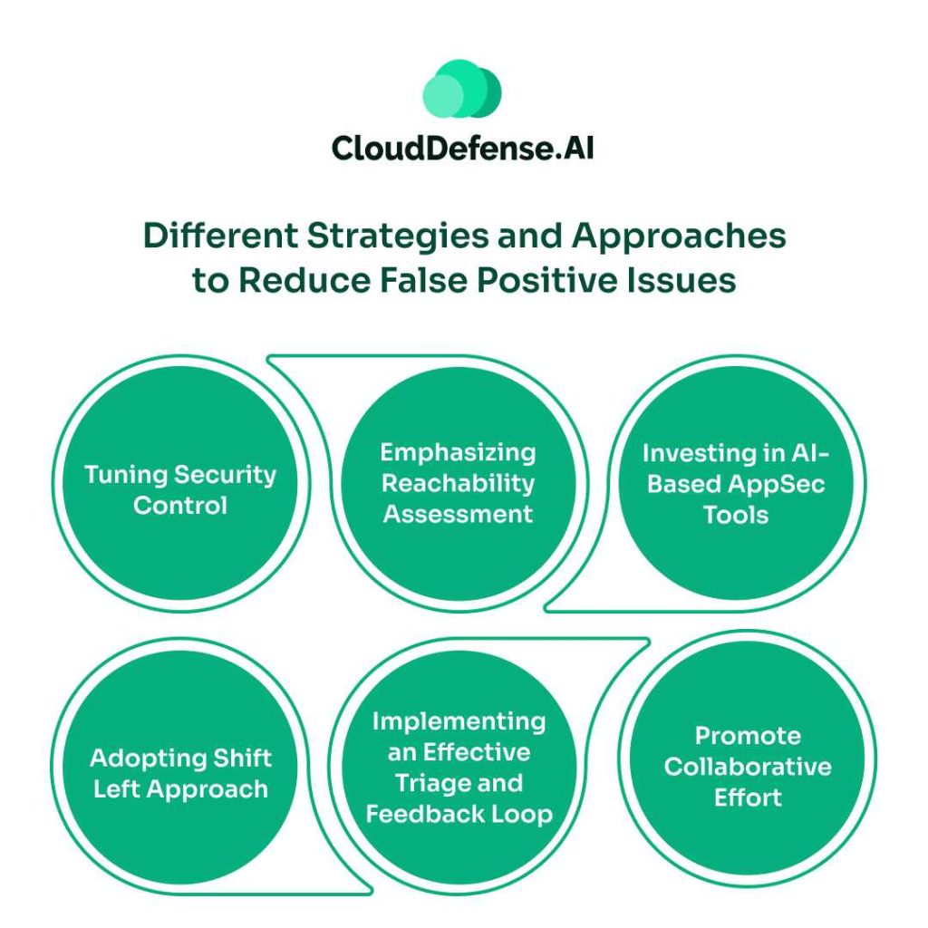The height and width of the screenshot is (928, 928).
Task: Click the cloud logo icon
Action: click(x=462, y=90)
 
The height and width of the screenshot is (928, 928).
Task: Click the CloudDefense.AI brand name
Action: click(x=463, y=148)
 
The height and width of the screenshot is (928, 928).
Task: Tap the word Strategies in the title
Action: click(x=366, y=237)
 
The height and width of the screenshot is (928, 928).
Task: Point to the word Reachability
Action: click(x=458, y=483)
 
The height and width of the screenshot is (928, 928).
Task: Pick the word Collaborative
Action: click(x=748, y=767)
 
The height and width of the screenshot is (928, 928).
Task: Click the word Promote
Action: click(x=748, y=736)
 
